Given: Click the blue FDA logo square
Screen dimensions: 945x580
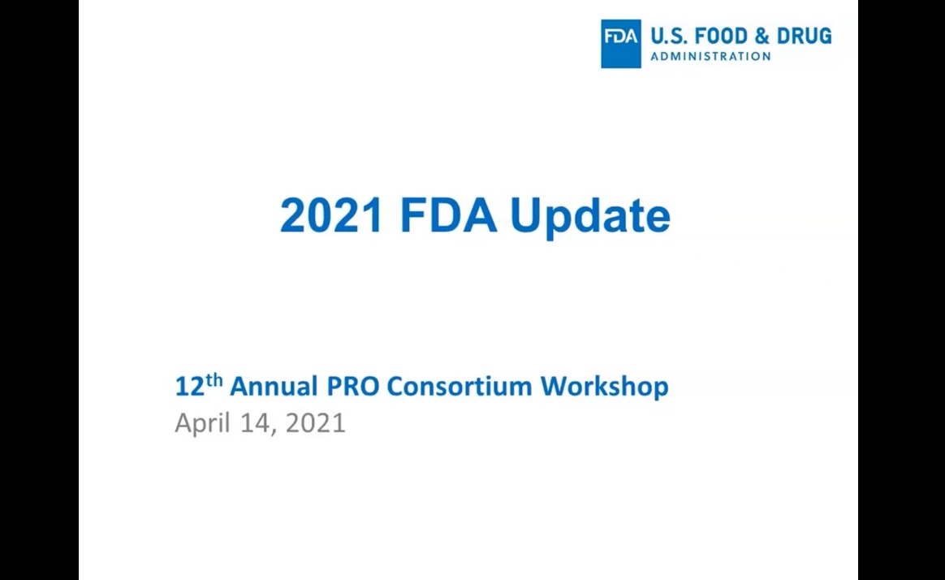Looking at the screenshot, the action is (x=621, y=43).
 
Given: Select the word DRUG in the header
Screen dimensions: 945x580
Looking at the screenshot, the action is (x=804, y=37).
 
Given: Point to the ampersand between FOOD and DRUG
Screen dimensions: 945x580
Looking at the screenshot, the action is (x=762, y=37).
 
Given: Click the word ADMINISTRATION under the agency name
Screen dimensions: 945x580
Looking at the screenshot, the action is (x=710, y=57).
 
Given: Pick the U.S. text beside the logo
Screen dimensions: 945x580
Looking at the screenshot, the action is (x=669, y=37).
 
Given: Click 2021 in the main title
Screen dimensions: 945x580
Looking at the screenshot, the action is (x=331, y=215).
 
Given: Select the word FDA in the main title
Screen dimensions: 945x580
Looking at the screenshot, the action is (x=448, y=215).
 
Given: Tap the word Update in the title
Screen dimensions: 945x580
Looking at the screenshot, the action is (x=590, y=217).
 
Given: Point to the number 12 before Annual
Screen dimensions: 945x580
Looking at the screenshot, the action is (x=190, y=387).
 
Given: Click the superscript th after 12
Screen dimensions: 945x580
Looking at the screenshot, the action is (x=214, y=380).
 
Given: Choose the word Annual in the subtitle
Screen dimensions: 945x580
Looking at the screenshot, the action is (x=274, y=387).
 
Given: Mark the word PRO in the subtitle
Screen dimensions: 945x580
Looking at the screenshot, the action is (x=352, y=387).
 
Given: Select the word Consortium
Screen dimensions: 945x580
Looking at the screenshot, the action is (x=460, y=387).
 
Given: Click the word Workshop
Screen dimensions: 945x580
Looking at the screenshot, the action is (x=605, y=387).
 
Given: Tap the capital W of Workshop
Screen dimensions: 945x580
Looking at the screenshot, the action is (x=553, y=387).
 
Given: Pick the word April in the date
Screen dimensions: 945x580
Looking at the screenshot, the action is (x=202, y=424).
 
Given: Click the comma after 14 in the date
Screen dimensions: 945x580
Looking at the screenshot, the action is (x=274, y=431).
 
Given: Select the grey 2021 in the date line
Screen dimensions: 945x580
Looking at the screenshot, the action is (x=315, y=423).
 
